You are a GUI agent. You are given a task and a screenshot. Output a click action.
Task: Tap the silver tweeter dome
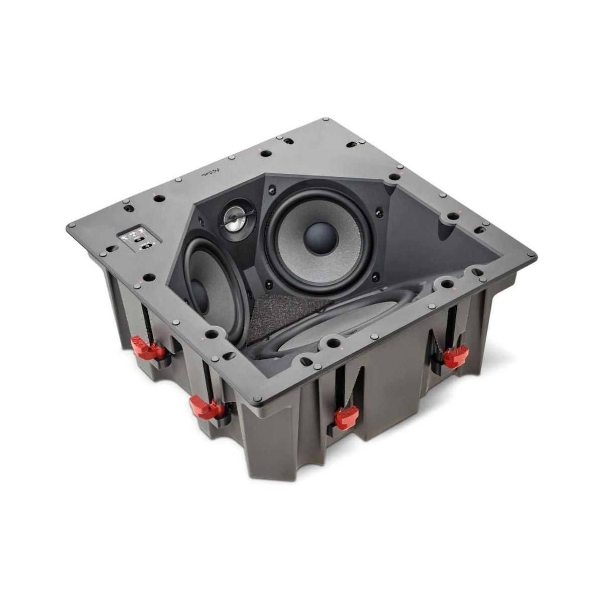(233, 219)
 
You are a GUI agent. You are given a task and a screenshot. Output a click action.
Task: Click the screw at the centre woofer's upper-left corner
(272, 189)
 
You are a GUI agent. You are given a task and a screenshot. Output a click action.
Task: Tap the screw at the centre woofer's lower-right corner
(374, 274)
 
